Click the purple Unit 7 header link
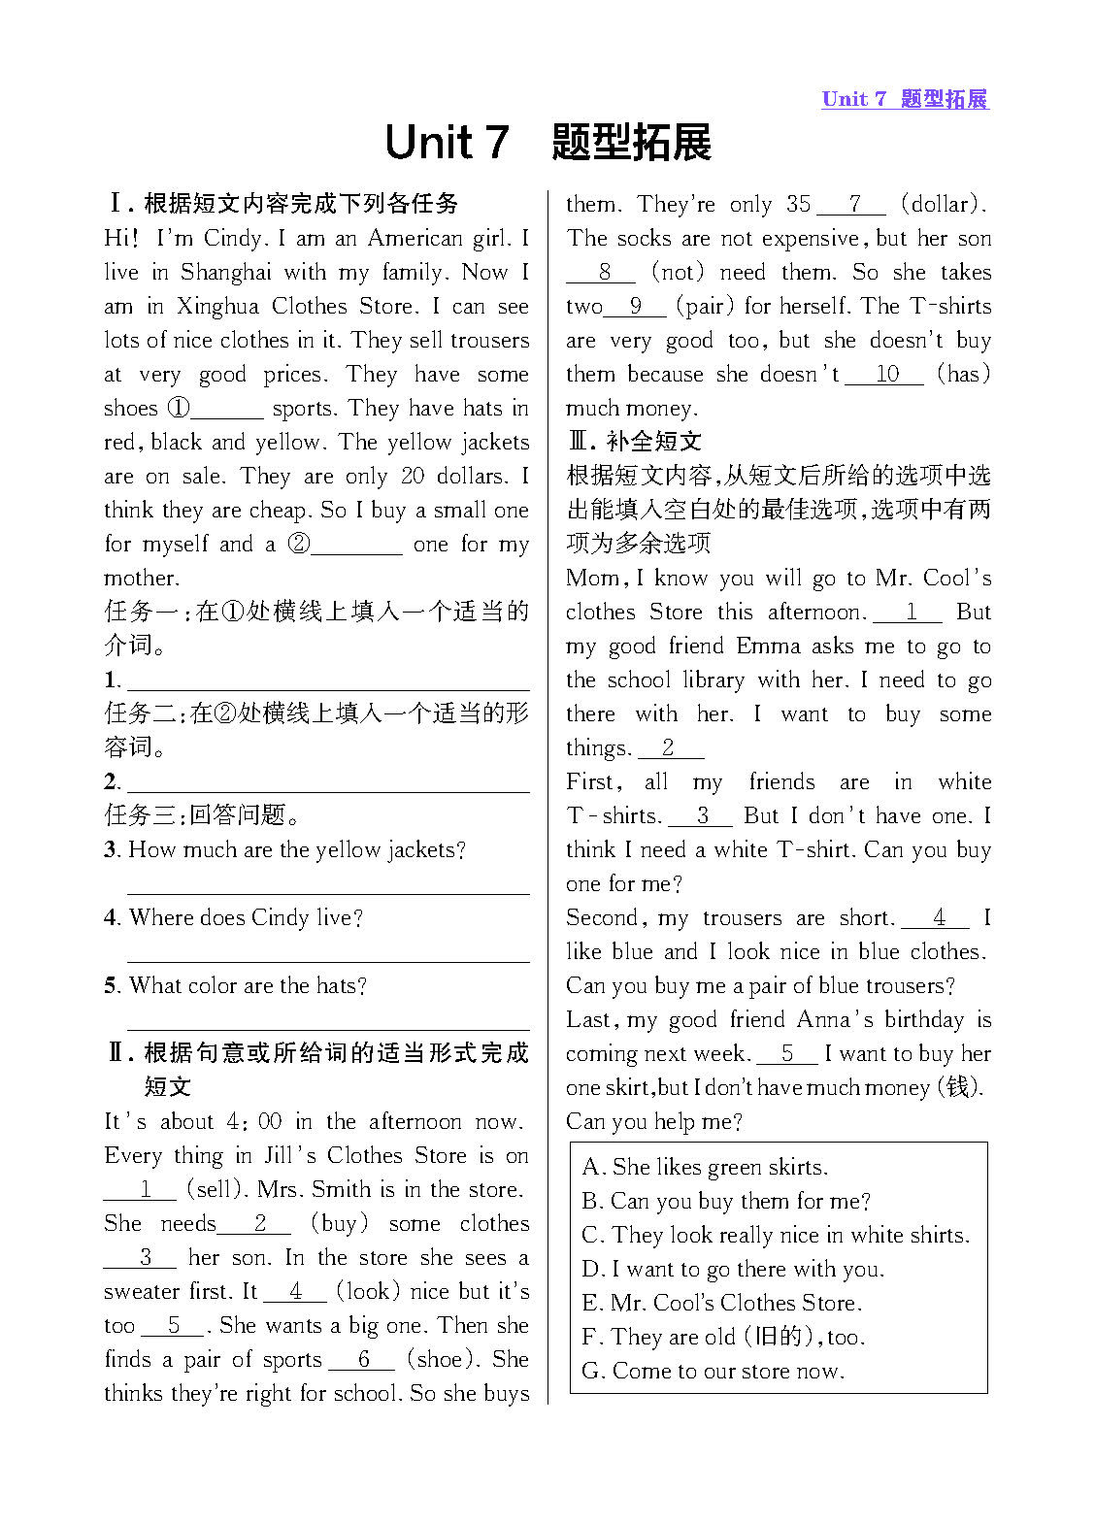pyautogui.click(x=904, y=99)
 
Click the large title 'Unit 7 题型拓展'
pyautogui.click(x=547, y=143)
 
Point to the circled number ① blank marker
pyautogui.click(x=179, y=409)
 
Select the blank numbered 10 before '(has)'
pyautogui.click(x=885, y=375)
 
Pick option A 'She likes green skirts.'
pyautogui.click(x=705, y=1168)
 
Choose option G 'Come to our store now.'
pyautogui.click(x=713, y=1372)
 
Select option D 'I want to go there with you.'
pyautogui.click(x=733, y=1270)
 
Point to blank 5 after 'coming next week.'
pyautogui.click(x=786, y=1054)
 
